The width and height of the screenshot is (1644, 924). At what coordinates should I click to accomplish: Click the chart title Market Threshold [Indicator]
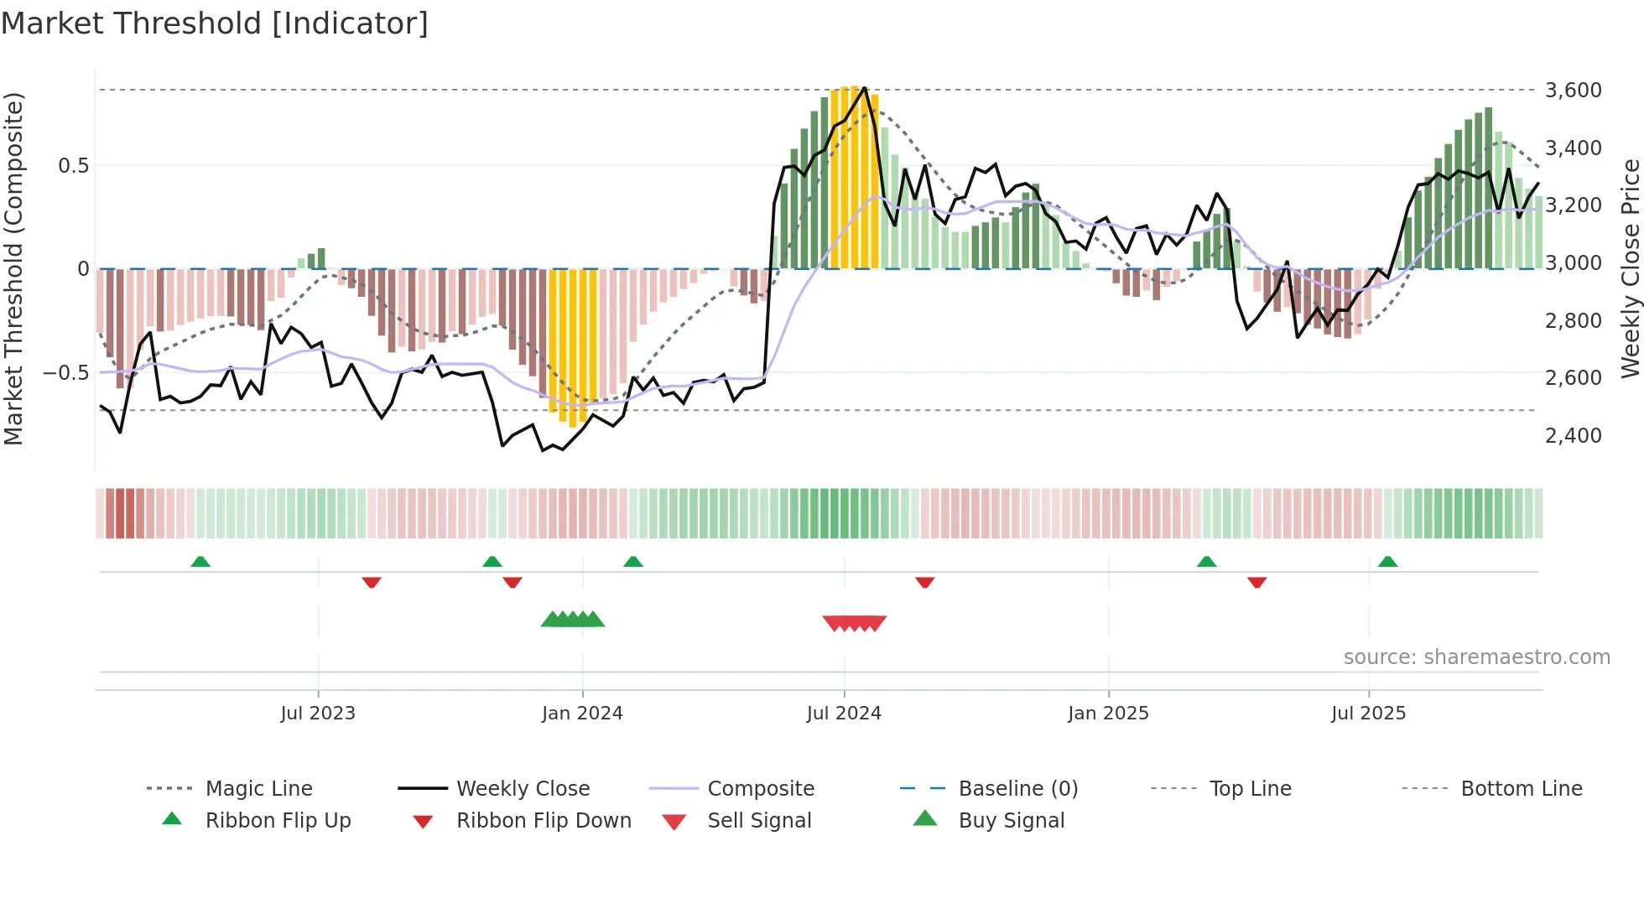(215, 23)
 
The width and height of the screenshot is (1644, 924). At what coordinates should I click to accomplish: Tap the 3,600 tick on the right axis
(1573, 90)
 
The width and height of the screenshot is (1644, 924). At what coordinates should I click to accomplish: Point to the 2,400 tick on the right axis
(1573, 435)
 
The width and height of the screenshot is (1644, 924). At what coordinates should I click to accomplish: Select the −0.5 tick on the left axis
(65, 372)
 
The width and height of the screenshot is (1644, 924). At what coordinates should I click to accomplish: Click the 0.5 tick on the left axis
(73, 165)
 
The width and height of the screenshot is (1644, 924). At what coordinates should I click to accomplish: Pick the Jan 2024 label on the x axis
(582, 713)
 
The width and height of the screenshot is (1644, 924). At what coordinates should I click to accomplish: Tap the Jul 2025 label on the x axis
(1368, 713)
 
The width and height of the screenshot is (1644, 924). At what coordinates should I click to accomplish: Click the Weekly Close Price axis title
(1630, 268)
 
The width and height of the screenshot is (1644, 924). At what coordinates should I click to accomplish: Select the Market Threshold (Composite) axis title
(13, 268)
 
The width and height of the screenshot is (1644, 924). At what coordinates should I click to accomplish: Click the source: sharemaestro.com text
(1476, 657)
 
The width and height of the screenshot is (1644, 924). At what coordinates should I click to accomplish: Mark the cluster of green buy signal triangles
(573, 620)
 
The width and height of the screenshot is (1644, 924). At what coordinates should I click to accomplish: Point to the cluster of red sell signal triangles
(855, 623)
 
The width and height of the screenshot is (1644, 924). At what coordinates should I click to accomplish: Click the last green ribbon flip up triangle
(1387, 562)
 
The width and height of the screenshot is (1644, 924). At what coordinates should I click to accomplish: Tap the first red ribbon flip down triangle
(372, 582)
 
